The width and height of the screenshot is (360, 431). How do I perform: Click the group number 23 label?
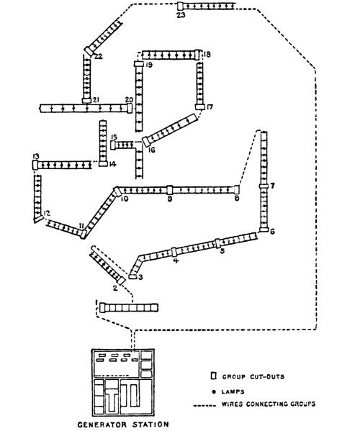pos(181,15)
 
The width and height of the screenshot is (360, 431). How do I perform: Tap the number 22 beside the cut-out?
pos(98,56)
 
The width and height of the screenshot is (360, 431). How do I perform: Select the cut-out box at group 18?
pos(199,55)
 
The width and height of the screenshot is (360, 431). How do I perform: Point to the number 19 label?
pos(148,65)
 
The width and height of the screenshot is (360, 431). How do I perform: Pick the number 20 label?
pos(128,99)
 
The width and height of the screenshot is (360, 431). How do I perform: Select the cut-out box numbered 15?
pos(114,145)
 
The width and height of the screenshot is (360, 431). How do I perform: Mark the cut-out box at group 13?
pos(35,165)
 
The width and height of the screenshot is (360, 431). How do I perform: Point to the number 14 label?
pos(112,165)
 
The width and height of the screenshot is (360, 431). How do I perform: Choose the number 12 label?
pos(47,214)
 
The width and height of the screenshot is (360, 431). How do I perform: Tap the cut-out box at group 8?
pos(235,189)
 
